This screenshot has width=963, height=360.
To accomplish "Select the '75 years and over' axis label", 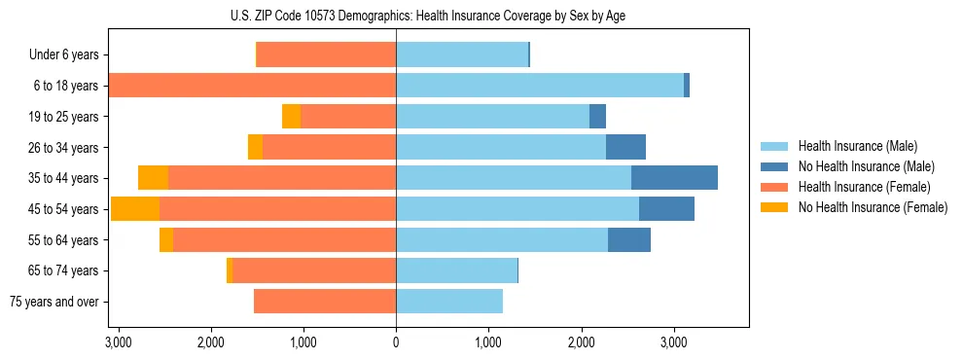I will point(54,302).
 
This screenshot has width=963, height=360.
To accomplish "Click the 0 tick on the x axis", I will point(396,342).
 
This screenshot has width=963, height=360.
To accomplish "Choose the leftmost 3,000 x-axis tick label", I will point(118,342).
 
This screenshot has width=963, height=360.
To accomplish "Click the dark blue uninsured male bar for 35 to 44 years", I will point(674,178).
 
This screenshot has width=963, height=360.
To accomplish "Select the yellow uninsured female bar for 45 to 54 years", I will point(135,209).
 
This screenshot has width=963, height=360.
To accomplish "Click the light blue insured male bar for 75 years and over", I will point(449,302).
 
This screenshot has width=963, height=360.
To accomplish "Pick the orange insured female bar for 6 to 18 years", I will point(252,86).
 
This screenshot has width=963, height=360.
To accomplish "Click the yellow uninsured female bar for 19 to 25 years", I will point(291,117).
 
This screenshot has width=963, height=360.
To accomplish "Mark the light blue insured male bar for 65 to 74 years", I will point(456,270).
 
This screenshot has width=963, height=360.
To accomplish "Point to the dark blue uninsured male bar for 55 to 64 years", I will point(629,239).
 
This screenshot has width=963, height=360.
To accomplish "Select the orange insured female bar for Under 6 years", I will point(326,55).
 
